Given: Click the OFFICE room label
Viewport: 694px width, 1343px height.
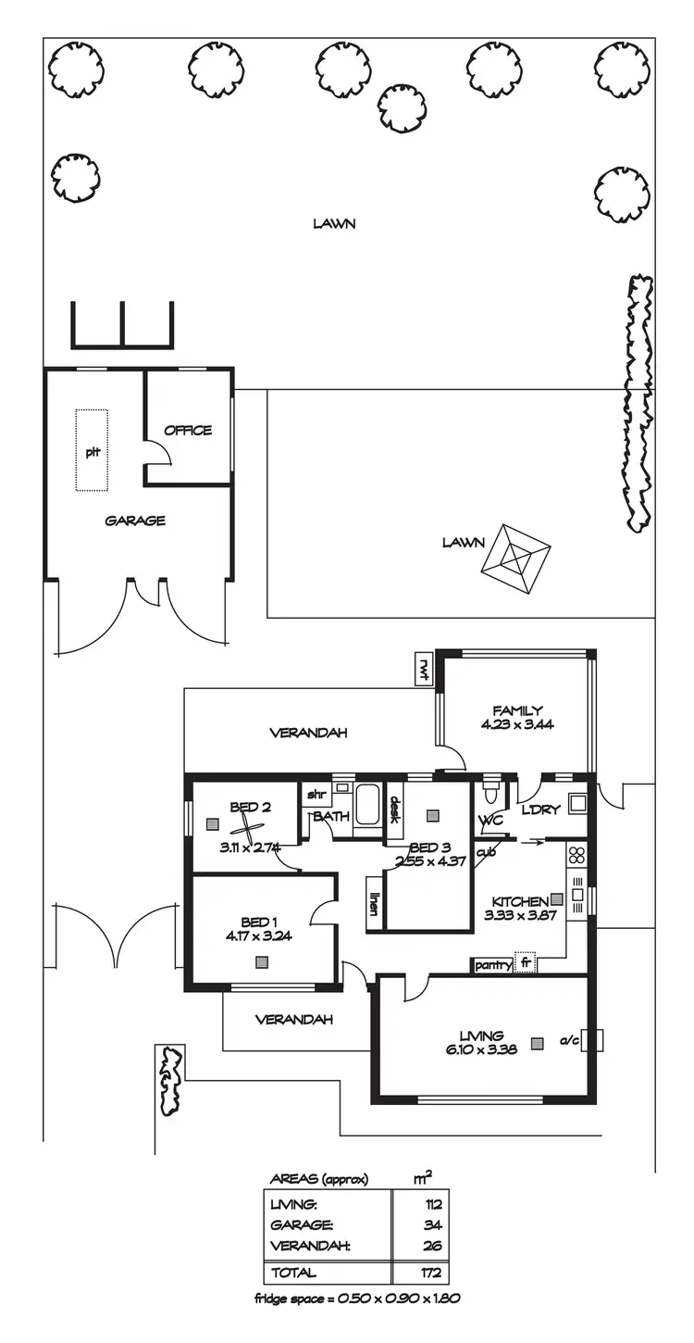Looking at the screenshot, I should click(x=188, y=430).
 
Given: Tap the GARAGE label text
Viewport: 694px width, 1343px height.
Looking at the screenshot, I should click(x=135, y=521).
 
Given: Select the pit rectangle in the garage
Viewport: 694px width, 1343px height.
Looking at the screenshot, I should click(x=92, y=450).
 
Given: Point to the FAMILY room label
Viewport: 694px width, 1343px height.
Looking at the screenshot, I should click(x=517, y=710).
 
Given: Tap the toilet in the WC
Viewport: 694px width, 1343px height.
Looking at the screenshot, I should click(x=491, y=793).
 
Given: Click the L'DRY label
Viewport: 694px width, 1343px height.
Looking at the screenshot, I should click(x=541, y=810).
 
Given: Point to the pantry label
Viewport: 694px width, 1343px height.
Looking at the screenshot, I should click(x=493, y=965).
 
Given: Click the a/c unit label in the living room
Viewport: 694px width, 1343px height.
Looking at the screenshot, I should click(x=568, y=1041).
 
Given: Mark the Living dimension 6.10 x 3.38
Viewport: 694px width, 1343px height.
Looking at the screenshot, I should click(x=481, y=1049).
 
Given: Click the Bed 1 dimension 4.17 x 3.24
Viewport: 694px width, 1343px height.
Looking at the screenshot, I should click(x=258, y=935).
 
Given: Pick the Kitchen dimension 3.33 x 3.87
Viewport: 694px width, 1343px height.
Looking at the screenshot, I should click(x=518, y=916).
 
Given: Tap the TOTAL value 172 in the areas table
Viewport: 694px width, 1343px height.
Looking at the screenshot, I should click(x=430, y=1273).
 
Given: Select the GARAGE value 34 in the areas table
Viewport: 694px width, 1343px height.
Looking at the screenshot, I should click(x=433, y=1225).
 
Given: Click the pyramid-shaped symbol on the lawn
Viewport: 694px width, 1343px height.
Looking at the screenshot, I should click(x=515, y=559).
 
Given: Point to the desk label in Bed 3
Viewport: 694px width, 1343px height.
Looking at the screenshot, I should click(x=393, y=810).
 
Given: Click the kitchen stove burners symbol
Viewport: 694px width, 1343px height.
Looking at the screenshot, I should click(x=578, y=853).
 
